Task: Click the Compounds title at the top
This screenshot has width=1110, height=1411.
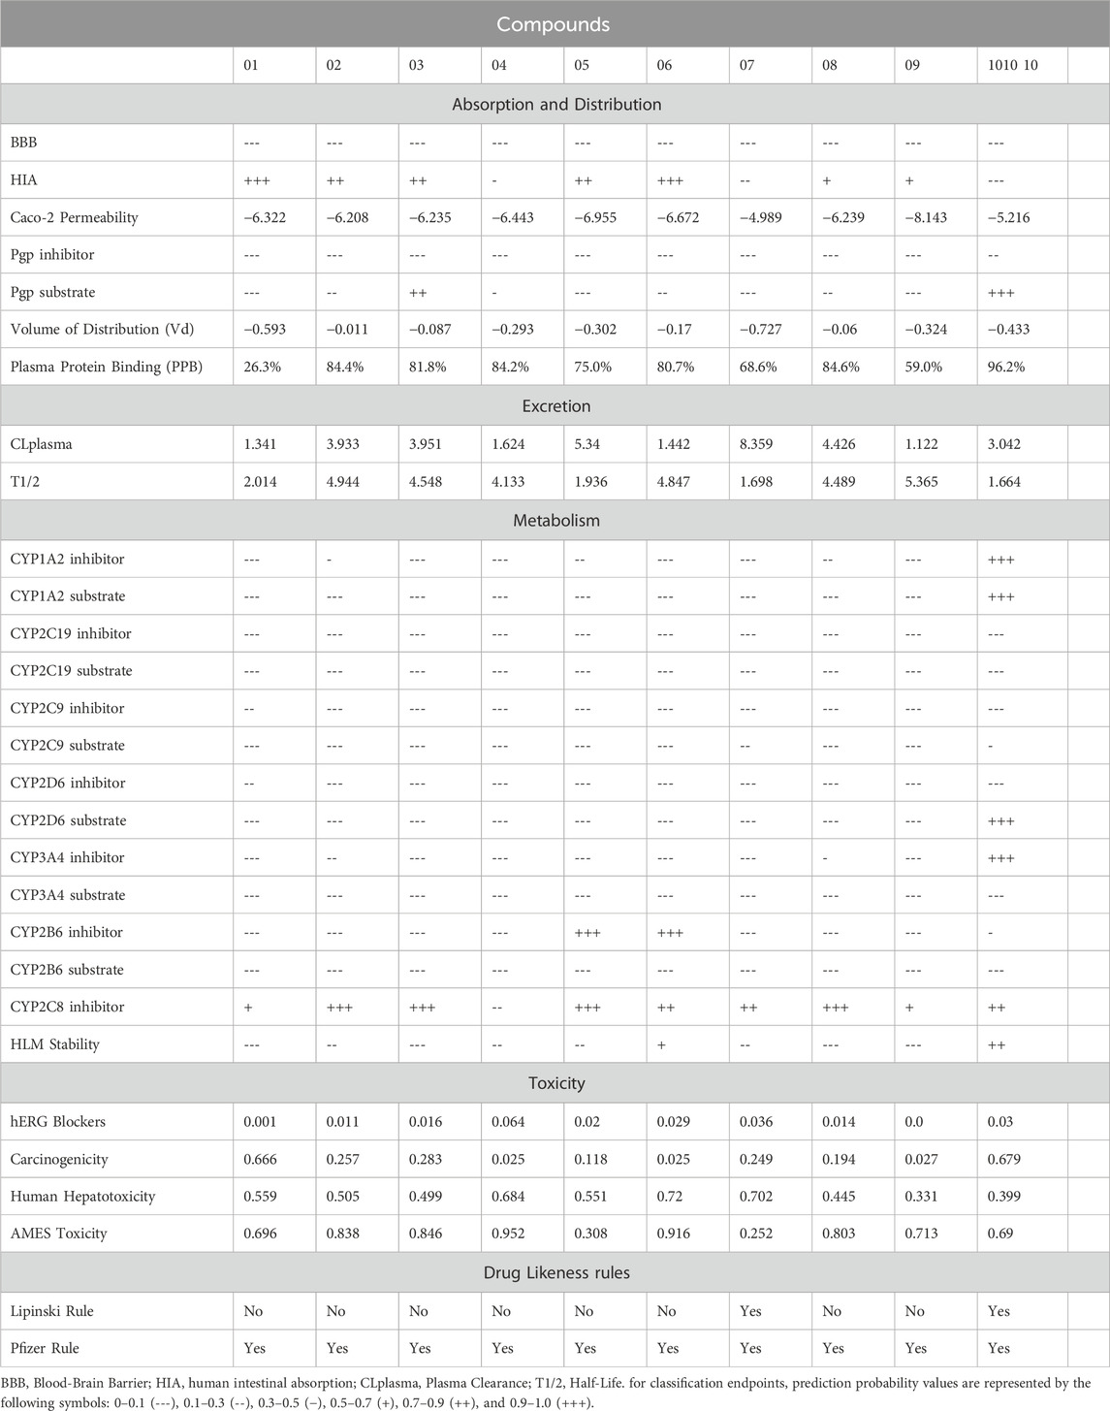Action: tap(555, 24)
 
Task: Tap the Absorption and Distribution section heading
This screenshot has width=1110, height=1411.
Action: tap(555, 104)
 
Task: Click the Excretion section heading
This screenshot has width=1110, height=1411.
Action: tap(555, 406)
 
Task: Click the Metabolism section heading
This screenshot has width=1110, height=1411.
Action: tap(555, 521)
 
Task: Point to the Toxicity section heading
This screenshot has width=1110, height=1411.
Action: tap(555, 1083)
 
